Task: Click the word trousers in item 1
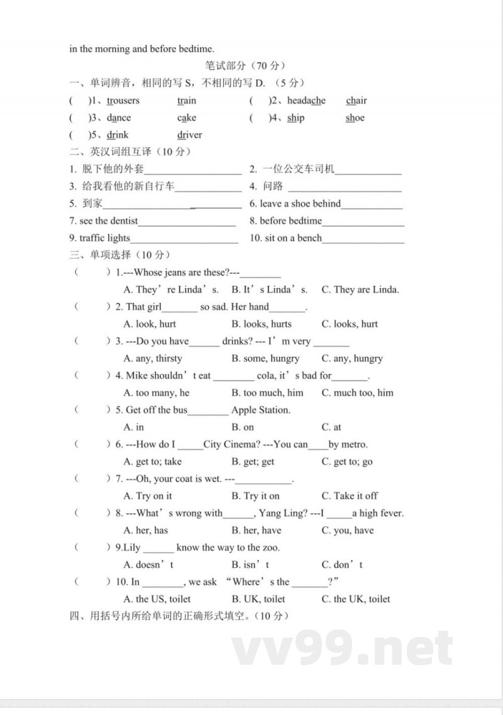[123, 101]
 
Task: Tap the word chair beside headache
[356, 101]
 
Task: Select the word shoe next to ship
[355, 118]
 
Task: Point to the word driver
[189, 135]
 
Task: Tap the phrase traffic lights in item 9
[104, 238]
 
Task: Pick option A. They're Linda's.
[171, 290]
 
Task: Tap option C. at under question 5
[331, 427]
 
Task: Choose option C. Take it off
[350, 496]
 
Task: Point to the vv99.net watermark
[342, 648]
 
